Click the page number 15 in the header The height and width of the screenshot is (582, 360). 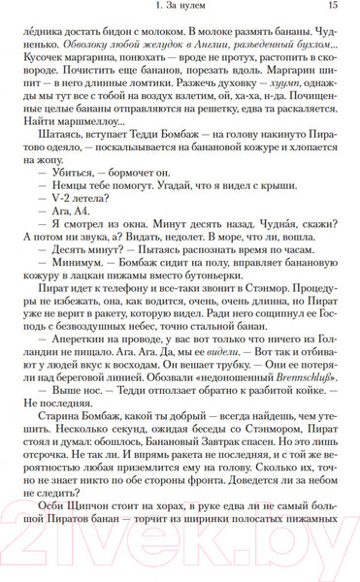click(x=333, y=8)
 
